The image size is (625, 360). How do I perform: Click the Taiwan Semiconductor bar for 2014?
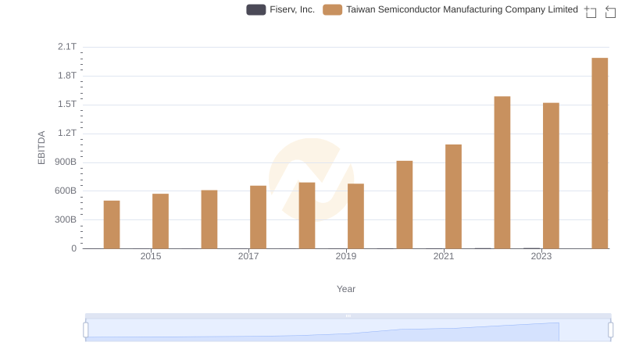[x=112, y=225]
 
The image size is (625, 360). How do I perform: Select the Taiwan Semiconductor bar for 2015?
[x=160, y=221]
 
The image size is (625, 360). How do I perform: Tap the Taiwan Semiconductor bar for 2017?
[x=258, y=217]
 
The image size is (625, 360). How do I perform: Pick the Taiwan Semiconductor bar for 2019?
[x=355, y=216]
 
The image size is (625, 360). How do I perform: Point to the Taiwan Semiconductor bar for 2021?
[x=453, y=197]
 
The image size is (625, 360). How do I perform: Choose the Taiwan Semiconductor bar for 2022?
[x=502, y=173]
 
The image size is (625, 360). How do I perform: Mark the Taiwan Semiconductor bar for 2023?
[x=551, y=176]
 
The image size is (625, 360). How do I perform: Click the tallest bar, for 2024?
[x=600, y=153]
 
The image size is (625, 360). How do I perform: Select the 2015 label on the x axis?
[x=151, y=256]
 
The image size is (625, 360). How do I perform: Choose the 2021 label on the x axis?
[x=444, y=256]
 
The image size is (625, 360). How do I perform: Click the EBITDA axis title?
[x=42, y=148]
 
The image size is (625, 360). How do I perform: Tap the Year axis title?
[x=346, y=289]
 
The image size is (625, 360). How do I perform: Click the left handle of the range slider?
[x=86, y=330]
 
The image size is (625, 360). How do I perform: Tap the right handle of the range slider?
[x=611, y=330]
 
